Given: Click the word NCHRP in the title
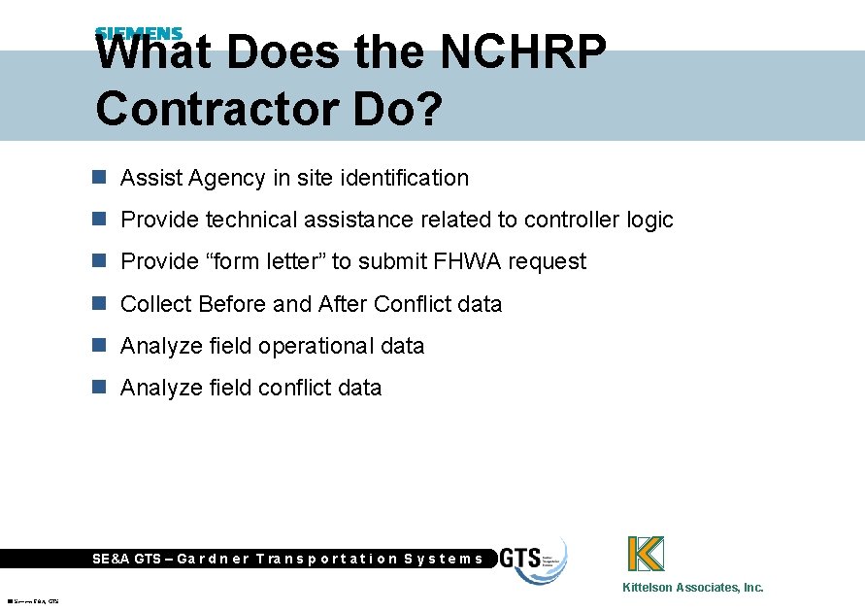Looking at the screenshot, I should point(524,53).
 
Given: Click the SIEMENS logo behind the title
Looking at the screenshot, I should point(139,33).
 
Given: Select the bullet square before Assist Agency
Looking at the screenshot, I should point(98,178).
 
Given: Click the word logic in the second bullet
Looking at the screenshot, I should point(649,221).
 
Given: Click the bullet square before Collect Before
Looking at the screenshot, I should point(98,303).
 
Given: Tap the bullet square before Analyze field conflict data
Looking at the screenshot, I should point(98,387).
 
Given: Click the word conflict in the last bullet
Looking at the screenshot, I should point(293,388).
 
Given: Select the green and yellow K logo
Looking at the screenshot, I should point(646,553).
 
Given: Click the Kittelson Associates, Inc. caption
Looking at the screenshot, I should point(692,587).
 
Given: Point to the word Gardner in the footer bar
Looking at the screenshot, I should point(214,559).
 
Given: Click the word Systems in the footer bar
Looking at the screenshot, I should point(443,559).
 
